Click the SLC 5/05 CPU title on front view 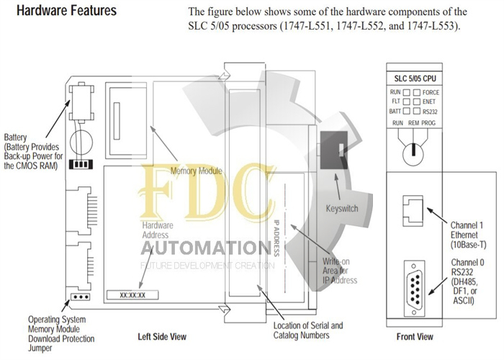415,78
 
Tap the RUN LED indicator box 405,93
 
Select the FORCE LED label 431,93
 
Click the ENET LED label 430,102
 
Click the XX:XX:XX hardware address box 132,294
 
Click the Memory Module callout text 196,171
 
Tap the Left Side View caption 162,336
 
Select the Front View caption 415,336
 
